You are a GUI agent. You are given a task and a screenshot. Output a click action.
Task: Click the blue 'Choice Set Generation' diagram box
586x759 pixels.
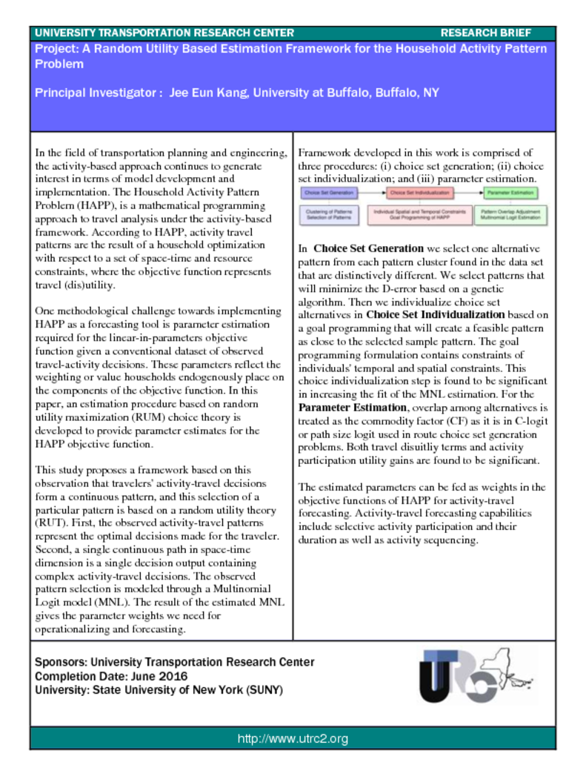(x=330, y=193)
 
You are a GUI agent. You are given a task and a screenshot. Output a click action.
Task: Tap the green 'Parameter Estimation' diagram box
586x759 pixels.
(x=510, y=193)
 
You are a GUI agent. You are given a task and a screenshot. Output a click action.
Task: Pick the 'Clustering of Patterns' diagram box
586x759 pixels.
(x=330, y=214)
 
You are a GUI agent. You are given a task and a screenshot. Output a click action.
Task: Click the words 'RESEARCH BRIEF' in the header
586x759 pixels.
(x=486, y=33)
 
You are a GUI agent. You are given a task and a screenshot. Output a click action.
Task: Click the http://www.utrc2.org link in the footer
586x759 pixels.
(x=293, y=738)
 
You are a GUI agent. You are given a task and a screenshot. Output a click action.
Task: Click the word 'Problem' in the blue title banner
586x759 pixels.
(x=59, y=64)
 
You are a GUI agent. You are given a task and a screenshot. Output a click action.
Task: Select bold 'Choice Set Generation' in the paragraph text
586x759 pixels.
(x=368, y=248)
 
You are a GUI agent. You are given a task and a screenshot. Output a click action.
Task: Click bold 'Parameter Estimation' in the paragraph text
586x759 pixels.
(x=352, y=408)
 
